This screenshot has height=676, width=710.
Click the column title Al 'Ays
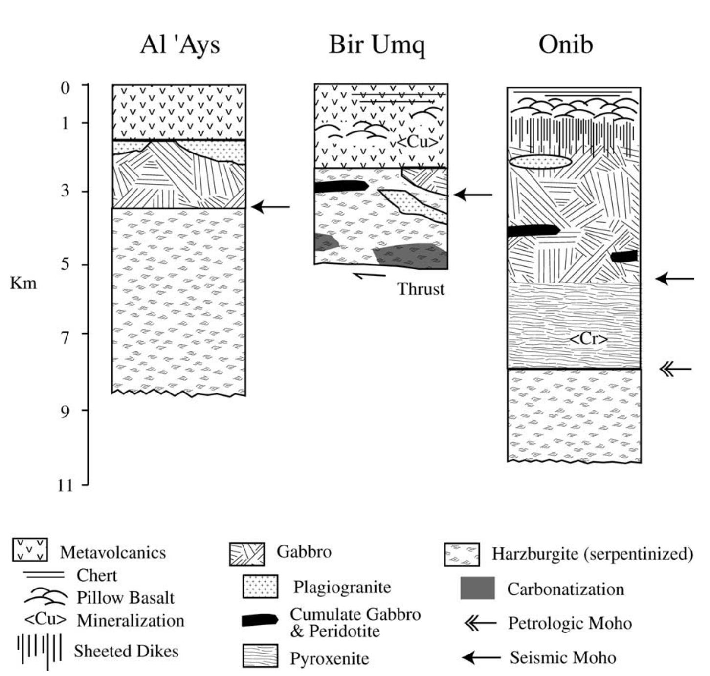[x=180, y=44]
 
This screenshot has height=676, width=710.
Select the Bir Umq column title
[x=377, y=44]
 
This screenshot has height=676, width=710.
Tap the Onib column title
[x=566, y=44]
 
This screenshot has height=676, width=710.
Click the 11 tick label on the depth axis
[x=65, y=485]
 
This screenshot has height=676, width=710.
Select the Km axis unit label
[x=23, y=283]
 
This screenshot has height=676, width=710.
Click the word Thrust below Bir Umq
[x=421, y=289]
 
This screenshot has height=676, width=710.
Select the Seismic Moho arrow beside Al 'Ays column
[x=271, y=207]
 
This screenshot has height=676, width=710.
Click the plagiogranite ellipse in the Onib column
[x=540, y=162]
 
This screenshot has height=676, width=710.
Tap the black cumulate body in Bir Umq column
[x=341, y=186]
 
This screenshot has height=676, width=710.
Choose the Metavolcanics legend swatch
[x=30, y=550]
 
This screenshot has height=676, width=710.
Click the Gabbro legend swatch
[x=246, y=554]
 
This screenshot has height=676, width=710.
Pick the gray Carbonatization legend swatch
[x=477, y=588]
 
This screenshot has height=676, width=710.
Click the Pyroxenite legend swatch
[x=260, y=656]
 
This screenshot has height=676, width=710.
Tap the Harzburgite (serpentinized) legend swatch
[x=462, y=554]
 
